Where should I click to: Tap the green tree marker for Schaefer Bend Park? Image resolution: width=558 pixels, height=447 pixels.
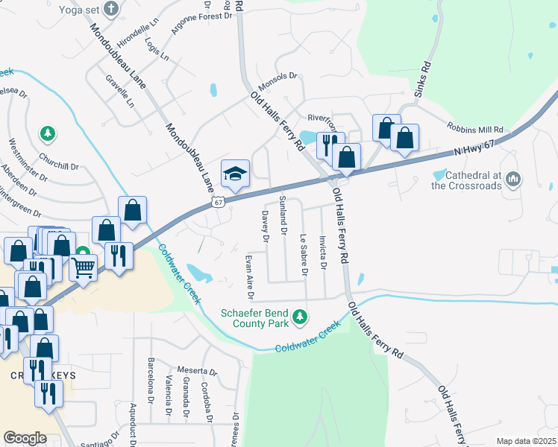pos(300,318)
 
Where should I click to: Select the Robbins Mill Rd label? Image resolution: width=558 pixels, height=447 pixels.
pos(475,128)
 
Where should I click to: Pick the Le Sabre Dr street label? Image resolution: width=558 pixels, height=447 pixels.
pos(304,255)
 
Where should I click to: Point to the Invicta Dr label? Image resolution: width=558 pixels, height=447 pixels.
pos(322,253)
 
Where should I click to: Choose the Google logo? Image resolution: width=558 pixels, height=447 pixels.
pos(25,438)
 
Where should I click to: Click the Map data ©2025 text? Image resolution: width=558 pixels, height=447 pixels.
pos(526,441)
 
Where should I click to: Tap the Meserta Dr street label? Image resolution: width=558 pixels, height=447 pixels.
pos(197,371)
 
